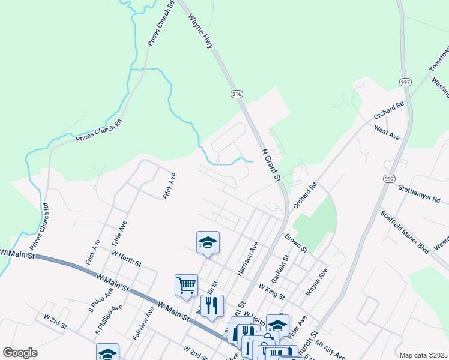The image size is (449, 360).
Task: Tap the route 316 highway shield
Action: click(x=236, y=94)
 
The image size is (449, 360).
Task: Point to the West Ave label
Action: click(x=387, y=133)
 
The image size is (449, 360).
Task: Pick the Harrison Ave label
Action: click(x=247, y=259)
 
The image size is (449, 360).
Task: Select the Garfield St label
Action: click(x=280, y=268)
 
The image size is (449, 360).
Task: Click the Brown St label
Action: click(x=296, y=242)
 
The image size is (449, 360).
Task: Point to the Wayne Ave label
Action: click(x=316, y=281)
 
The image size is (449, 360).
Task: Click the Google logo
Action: click(x=20, y=353)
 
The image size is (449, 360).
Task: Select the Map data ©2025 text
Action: click(x=423, y=355)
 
